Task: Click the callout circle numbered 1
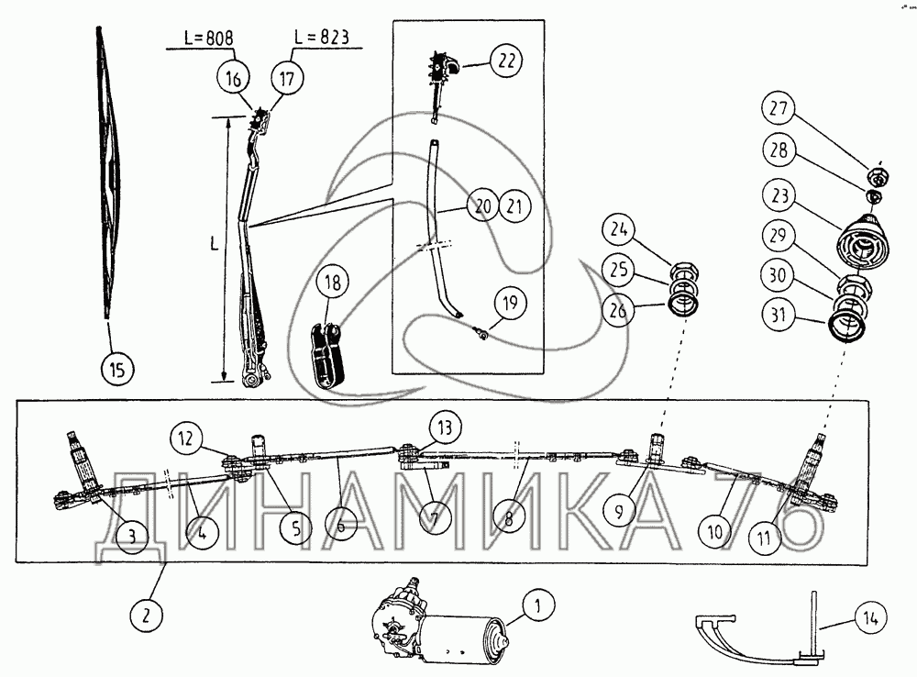tap(538, 605)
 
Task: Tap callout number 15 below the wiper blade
tap(116, 370)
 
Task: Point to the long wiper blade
tap(109, 174)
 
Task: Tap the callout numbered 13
tap(444, 427)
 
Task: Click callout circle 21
tap(514, 206)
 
